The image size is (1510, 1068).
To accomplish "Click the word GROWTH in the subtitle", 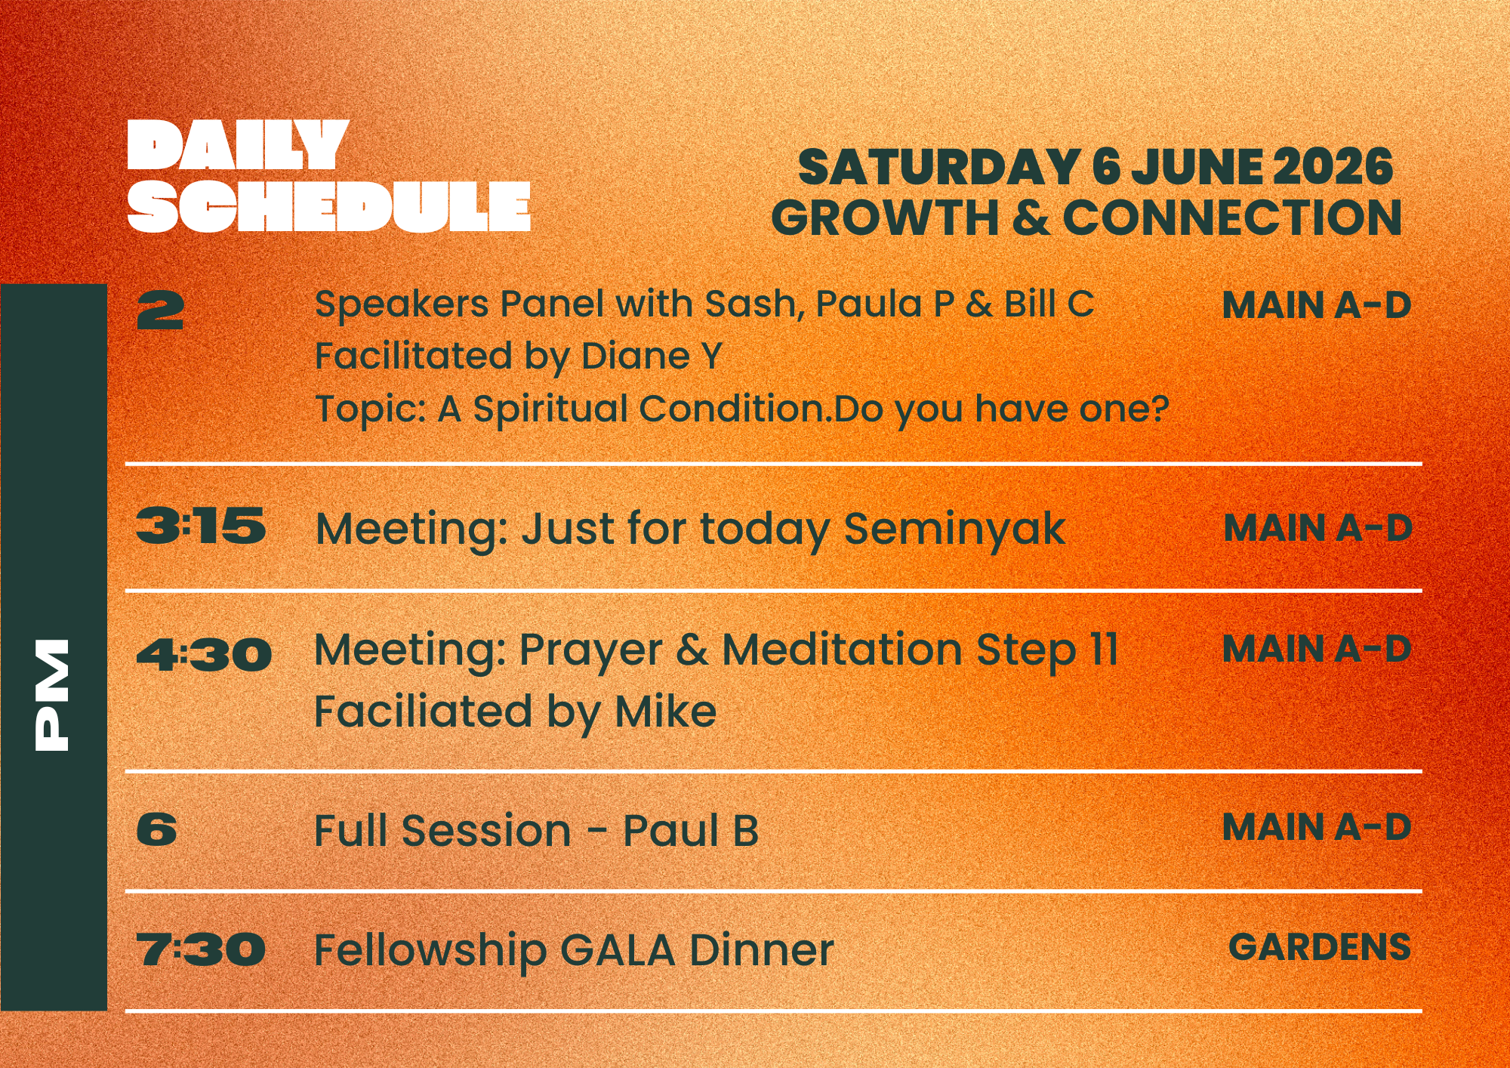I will pyautogui.click(x=885, y=218).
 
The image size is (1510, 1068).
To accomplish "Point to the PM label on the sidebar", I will pyautogui.click(x=52, y=694).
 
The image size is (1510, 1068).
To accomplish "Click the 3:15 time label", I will pyautogui.click(x=200, y=526).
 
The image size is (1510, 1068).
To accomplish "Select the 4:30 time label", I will pyautogui.click(x=204, y=654).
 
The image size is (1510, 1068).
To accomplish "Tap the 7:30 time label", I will pyautogui.click(x=201, y=949).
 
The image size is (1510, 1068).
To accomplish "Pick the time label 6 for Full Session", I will pyautogui.click(x=156, y=829).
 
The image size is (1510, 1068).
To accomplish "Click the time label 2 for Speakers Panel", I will pyautogui.click(x=160, y=311).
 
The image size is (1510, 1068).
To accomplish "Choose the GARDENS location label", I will pyautogui.click(x=1319, y=947).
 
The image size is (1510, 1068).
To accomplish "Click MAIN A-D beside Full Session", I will pyautogui.click(x=1316, y=827).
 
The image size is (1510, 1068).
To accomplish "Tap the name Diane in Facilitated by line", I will pyautogui.click(x=635, y=356).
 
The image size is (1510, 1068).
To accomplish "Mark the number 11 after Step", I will pyautogui.click(x=1103, y=650).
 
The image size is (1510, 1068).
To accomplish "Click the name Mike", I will pyautogui.click(x=665, y=711).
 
